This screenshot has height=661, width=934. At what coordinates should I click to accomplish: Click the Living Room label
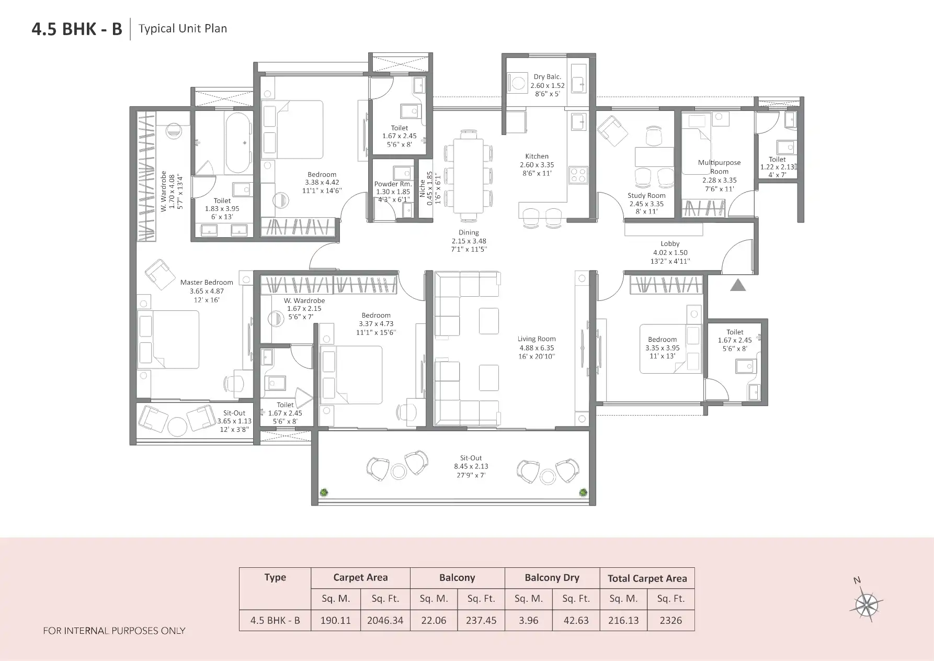tap(537, 339)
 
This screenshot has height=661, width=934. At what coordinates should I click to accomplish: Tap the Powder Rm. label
tap(393, 184)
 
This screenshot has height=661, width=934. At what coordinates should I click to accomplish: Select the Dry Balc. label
tap(547, 77)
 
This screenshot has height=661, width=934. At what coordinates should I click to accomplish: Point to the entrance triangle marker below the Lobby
tap(737, 285)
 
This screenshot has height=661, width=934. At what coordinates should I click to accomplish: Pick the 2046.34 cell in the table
tap(385, 620)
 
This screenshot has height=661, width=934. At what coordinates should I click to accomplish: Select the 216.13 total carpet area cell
tap(623, 620)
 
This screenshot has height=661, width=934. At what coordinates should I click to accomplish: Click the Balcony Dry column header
tap(552, 578)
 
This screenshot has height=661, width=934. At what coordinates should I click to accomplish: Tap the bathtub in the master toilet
tap(238, 142)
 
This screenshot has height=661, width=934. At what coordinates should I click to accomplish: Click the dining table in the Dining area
tap(468, 175)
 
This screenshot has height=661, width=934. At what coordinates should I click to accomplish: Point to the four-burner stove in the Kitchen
tap(578, 174)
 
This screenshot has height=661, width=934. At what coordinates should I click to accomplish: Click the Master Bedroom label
tap(207, 283)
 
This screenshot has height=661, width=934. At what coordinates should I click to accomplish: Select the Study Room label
tap(646, 196)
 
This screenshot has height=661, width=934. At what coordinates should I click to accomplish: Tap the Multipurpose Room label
tap(719, 166)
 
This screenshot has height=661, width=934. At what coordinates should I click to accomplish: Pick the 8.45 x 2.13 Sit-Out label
tap(471, 466)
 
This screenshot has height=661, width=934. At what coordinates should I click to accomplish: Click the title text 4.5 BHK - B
tap(77, 29)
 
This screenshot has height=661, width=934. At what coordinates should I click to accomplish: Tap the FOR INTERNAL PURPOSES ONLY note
tap(114, 631)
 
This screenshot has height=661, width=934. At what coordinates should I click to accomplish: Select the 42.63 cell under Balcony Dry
tap(576, 620)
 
